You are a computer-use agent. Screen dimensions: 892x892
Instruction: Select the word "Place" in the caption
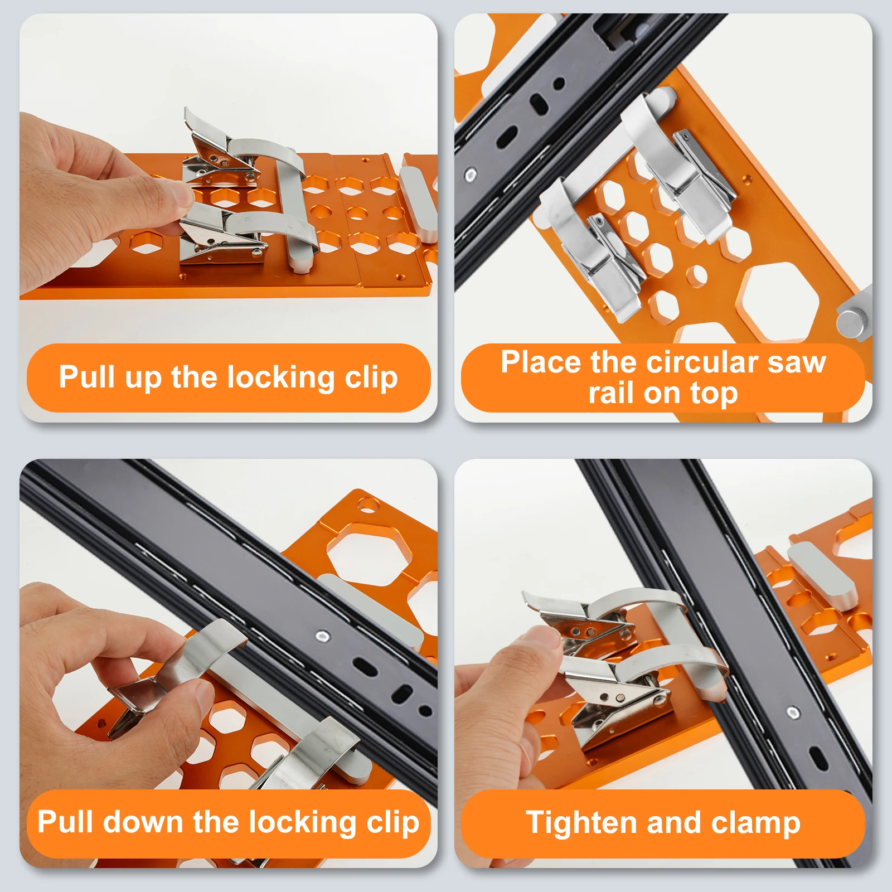pyautogui.click(x=541, y=362)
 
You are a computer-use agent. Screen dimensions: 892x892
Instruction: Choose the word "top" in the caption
pyautogui.click(x=714, y=394)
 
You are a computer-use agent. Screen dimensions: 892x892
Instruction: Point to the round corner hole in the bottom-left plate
pyautogui.click(x=367, y=506)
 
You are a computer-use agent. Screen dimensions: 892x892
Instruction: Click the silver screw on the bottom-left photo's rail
pyautogui.click(x=322, y=635)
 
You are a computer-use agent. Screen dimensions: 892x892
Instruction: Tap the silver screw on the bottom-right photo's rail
pyautogui.click(x=793, y=712)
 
